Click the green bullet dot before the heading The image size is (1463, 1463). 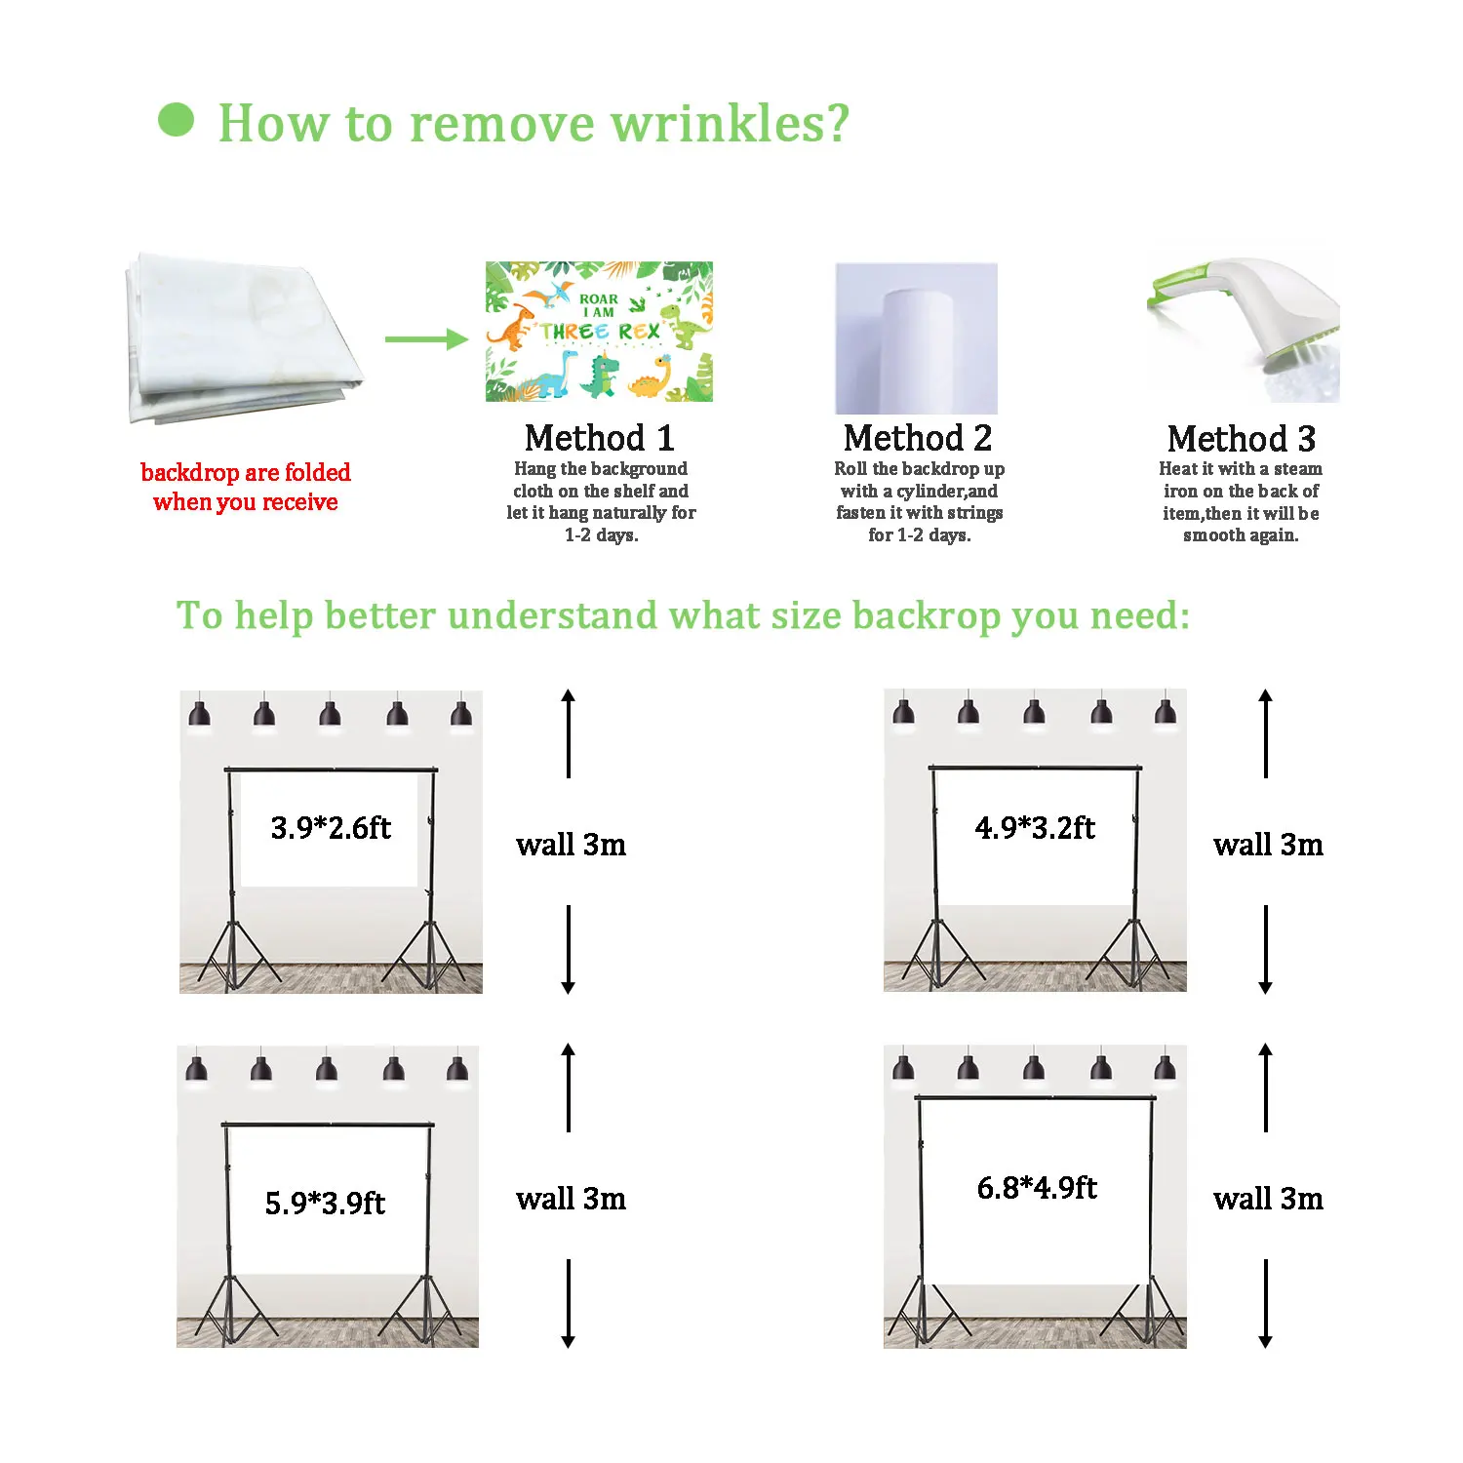176,120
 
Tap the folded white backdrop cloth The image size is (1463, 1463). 239,336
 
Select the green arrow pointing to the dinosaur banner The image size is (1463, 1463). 426,339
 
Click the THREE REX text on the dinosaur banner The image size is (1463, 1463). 600,332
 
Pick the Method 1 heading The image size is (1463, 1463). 599,438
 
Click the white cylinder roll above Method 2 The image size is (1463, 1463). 917,351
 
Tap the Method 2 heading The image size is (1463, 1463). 918,438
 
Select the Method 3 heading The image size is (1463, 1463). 1241,439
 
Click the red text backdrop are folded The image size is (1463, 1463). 246,473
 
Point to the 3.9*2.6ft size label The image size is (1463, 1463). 331,828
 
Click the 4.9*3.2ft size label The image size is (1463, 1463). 1035,828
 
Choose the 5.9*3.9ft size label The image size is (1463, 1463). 325,1203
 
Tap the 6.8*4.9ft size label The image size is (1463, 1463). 1037,1188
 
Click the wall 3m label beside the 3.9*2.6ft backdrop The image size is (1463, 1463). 571,845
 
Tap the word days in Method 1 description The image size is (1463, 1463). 616,535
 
